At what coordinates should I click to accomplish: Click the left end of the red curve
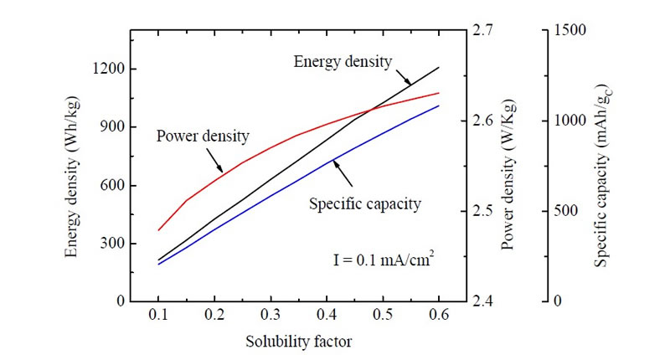point(158,229)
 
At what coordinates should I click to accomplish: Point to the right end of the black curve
point(439,68)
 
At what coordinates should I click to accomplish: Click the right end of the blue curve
point(439,105)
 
